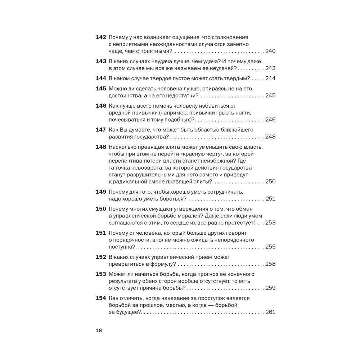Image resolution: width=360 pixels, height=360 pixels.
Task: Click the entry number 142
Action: [100, 37]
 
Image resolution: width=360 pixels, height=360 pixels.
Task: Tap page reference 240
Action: [270, 51]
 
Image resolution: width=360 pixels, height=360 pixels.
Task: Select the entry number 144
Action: [100, 78]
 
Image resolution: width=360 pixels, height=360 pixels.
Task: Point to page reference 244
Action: [270, 78]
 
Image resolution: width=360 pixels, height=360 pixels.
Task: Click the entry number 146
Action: [100, 106]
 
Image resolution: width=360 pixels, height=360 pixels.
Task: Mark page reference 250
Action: [270, 181]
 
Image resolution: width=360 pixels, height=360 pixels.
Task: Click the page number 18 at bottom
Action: [99, 331]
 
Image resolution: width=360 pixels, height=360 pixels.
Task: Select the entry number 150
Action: [100, 209]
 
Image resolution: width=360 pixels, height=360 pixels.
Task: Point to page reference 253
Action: [270, 222]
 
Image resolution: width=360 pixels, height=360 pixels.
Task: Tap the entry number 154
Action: [100, 298]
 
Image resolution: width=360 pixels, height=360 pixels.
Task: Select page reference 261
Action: [270, 312]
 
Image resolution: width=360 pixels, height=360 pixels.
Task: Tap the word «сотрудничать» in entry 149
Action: [225, 192]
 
